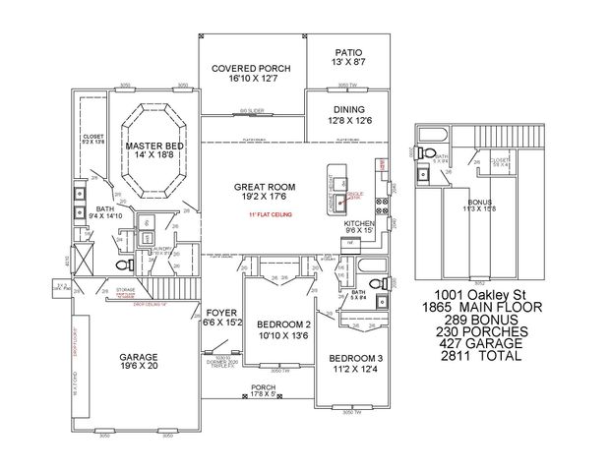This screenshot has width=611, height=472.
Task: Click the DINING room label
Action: click(348, 110)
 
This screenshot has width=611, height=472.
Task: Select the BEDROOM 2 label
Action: click(284, 324)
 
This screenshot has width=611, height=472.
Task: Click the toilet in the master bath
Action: click(122, 265)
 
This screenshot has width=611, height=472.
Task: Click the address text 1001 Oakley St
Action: click(481, 294)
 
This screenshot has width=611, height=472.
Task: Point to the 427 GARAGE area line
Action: click(481, 343)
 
